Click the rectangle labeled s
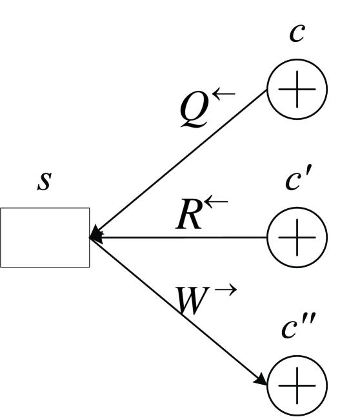[x=45, y=237]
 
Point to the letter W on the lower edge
[x=191, y=301]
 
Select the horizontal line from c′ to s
[x=181, y=237]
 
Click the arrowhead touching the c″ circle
[x=261, y=380]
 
